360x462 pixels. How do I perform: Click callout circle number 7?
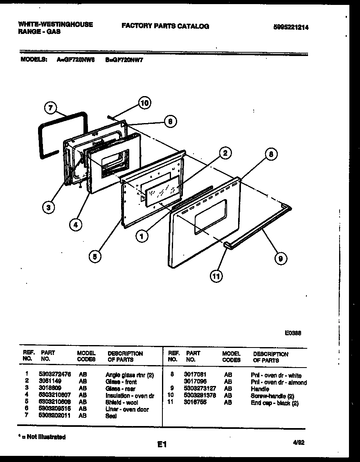50,108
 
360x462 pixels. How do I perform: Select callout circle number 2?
225,153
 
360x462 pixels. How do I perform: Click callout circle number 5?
95,256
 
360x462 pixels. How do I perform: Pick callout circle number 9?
281,258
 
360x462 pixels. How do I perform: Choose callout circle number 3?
49,208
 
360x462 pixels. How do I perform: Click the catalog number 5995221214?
291,27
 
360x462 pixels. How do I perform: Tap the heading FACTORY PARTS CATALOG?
165,26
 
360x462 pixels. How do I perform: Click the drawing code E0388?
293,333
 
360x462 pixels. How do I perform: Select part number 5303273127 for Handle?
200,389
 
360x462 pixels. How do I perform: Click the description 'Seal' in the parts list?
111,416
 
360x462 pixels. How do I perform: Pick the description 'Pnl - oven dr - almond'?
279,382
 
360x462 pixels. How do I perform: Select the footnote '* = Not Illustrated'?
42,437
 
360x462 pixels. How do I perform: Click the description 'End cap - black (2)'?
274,403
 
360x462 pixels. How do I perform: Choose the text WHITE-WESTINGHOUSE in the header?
56,24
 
